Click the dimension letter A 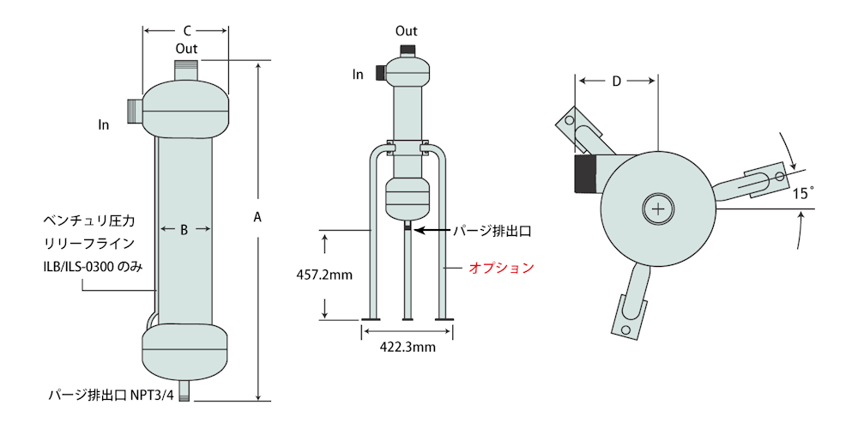click(258, 218)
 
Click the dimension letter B click(184, 230)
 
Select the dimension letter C click(186, 31)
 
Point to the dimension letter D click(617, 82)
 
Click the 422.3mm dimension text click(408, 347)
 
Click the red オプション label click(501, 268)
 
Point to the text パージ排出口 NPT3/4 click(111, 395)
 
